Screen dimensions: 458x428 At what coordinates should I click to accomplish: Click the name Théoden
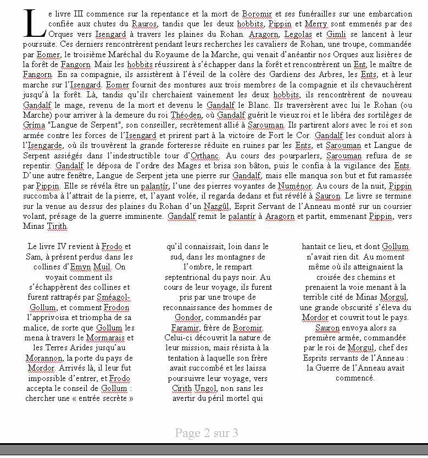pos(186,115)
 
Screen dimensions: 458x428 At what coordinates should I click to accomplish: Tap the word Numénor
pos(294,186)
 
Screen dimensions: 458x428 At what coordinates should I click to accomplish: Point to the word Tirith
pos(58,226)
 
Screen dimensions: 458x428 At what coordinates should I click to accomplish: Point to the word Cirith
pos(181,388)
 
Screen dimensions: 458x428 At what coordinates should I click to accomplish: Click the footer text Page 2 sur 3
pos(206,433)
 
